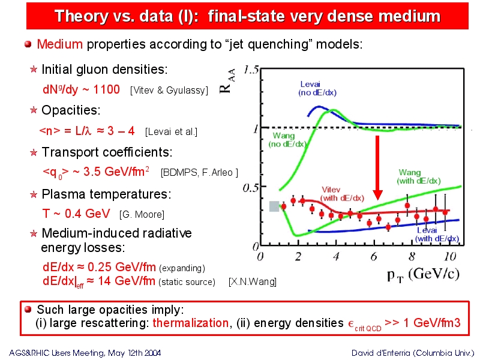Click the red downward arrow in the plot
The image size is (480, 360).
point(378,168)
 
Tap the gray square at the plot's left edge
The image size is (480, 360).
point(274,206)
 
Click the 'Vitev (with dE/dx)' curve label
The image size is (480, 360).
point(342,194)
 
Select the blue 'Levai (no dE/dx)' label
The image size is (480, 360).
point(317,88)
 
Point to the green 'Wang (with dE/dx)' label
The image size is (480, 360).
point(418,176)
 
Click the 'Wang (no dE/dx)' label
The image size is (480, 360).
point(287,140)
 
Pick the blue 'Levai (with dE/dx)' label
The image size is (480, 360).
point(437,234)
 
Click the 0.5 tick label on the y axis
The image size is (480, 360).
point(250,188)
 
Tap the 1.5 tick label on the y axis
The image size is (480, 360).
point(251,71)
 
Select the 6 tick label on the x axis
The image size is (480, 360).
point(374,256)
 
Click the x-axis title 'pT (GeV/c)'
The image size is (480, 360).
point(423,274)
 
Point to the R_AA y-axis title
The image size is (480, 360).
point(227,80)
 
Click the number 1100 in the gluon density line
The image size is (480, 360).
point(106,89)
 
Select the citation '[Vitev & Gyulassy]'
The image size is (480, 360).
point(169,91)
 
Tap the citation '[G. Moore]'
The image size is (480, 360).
point(142,214)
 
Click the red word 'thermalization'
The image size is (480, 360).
point(190,323)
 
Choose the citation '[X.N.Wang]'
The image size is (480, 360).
point(253,281)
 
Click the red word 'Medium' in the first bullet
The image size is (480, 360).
point(59,44)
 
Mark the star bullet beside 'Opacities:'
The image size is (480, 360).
point(34,110)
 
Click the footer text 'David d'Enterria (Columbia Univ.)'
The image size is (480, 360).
point(412,353)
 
